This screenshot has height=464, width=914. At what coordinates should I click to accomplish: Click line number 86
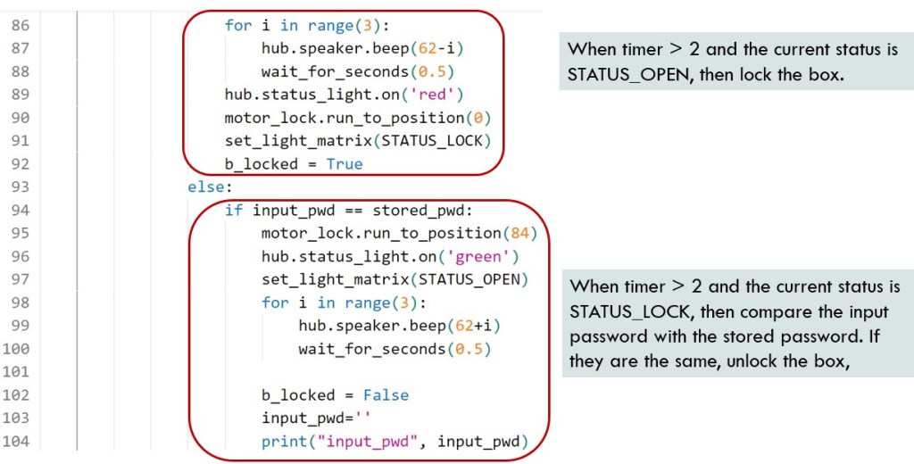point(20,25)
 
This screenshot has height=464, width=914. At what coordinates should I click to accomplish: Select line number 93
point(20,187)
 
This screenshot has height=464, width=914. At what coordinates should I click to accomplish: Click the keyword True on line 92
point(345,164)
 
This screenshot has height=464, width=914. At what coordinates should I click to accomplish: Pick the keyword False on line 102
point(386,395)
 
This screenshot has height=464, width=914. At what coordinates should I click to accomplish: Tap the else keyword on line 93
point(204,187)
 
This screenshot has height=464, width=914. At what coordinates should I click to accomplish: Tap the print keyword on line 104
point(279,442)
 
